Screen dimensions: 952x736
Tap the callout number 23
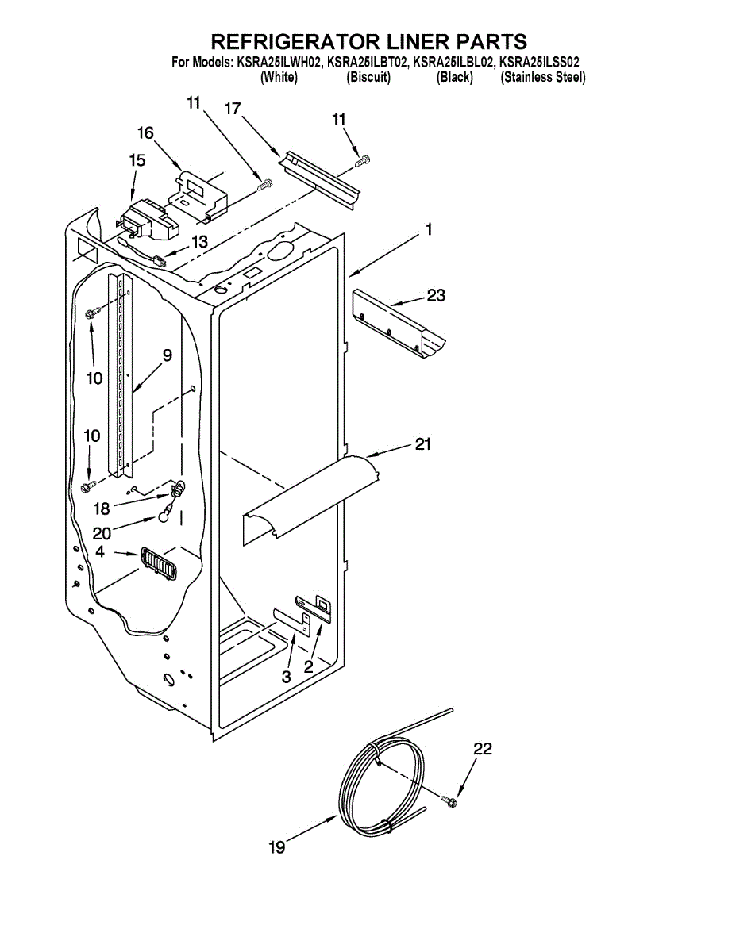click(436, 295)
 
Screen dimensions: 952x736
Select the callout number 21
click(422, 444)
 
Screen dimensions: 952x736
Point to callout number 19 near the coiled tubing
click(276, 848)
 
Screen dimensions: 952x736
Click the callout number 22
click(483, 748)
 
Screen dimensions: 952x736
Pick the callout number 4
click(100, 551)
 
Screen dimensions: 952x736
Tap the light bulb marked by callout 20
click(164, 516)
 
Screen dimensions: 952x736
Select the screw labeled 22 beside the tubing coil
click(450, 803)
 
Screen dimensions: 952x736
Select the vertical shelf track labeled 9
click(121, 373)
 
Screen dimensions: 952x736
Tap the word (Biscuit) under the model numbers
click(368, 77)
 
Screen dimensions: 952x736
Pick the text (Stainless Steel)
click(543, 77)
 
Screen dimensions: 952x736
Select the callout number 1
click(428, 230)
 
